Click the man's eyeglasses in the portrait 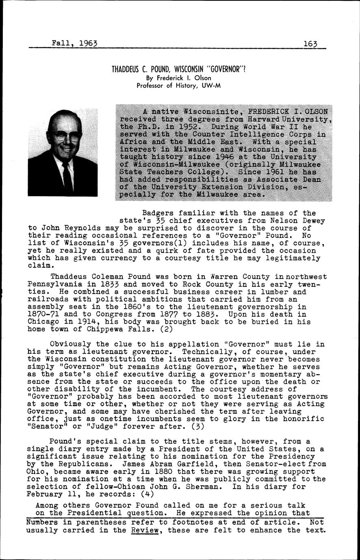tap(66, 137)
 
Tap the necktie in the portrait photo tap(67, 177)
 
